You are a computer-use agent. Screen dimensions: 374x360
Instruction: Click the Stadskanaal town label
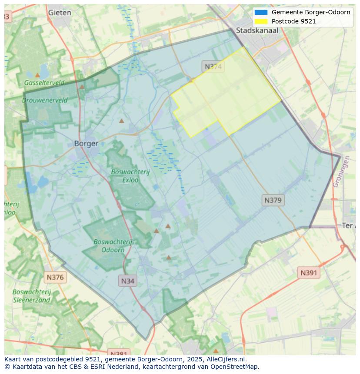(257, 30)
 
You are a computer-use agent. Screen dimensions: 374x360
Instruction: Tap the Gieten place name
(60, 13)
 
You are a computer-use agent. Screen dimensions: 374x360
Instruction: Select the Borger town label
(86, 143)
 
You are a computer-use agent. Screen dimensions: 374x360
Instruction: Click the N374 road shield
(213, 66)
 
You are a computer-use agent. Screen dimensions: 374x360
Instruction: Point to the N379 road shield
(273, 200)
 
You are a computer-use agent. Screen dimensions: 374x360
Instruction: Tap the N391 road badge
(309, 273)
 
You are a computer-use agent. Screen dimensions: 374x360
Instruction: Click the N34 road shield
(127, 281)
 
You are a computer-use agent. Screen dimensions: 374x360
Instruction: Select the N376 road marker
(55, 277)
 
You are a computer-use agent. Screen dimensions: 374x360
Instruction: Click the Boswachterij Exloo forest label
(130, 175)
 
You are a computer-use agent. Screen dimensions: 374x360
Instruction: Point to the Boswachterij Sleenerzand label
(31, 296)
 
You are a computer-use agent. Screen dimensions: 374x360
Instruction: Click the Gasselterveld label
(44, 83)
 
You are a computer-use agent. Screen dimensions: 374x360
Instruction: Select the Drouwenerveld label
(45, 100)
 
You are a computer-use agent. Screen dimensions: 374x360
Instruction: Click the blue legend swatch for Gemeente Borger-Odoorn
(261, 12)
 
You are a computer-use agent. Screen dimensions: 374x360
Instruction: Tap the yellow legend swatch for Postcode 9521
(261, 21)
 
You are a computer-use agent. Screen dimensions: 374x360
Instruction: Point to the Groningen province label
(341, 172)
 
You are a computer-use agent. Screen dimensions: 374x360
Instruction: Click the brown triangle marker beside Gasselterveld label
(37, 75)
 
